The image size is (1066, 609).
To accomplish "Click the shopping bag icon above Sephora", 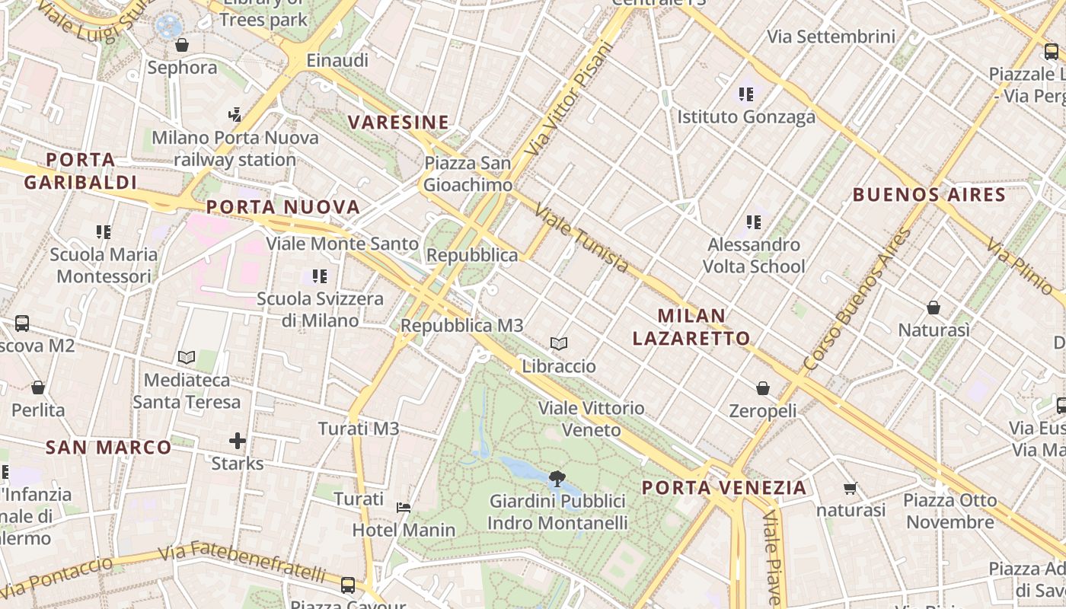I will tap(182, 45).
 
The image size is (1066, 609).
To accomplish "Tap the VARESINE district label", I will tap(398, 122).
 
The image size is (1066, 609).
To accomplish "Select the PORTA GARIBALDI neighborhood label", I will tap(80, 171).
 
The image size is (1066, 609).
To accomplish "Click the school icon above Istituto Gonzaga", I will tap(746, 94).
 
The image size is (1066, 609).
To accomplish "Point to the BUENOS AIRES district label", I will tap(929, 194).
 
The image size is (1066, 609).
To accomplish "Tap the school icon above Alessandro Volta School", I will tap(754, 222).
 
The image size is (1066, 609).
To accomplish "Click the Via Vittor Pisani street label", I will tap(569, 98).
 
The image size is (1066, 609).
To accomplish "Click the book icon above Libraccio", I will tap(559, 344).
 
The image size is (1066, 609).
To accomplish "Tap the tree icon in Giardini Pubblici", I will tap(557, 479).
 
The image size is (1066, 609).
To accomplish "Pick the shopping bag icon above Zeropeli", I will tap(763, 389).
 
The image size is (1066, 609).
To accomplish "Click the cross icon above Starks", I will tap(238, 441).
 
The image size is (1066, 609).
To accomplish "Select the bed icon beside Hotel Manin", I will tap(404, 507).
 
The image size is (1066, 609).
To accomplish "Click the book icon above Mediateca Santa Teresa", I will tap(187, 357).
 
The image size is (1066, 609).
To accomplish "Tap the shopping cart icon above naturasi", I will tap(851, 488).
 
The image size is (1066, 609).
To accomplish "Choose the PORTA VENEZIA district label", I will tap(723, 487).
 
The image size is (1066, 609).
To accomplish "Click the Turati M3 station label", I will tap(359, 429).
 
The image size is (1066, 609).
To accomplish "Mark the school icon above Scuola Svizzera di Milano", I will tap(320, 276).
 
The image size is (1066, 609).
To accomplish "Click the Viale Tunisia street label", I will tap(582, 238).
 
